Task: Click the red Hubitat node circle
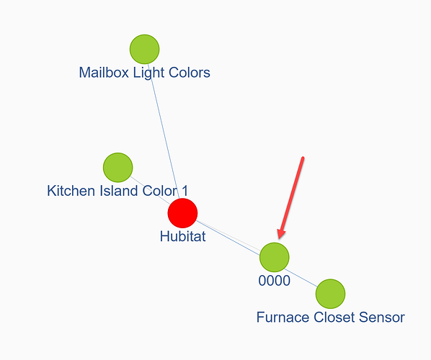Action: point(182,213)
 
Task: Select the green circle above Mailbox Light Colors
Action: point(145,49)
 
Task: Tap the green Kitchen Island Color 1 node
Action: point(118,168)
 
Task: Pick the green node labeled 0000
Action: point(275,257)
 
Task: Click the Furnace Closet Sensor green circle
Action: point(330,294)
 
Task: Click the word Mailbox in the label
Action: point(104,73)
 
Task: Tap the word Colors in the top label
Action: point(190,73)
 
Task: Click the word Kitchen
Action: point(71,191)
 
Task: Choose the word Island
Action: point(118,191)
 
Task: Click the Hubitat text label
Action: point(183,236)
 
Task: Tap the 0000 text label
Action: point(275,281)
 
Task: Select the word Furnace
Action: point(283,318)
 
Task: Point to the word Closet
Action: point(334,318)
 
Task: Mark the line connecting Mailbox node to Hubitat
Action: point(164,131)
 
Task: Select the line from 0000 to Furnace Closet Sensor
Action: point(303,279)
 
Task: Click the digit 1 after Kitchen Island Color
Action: point(185,191)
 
